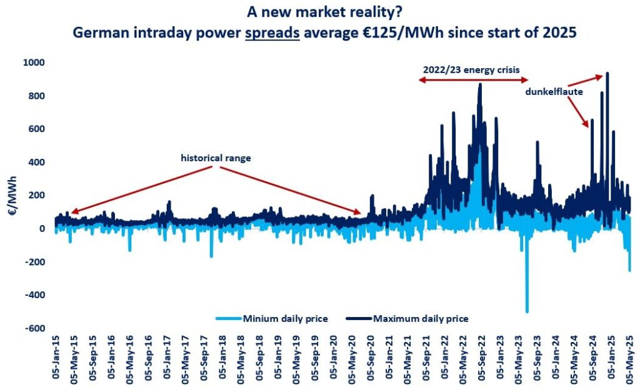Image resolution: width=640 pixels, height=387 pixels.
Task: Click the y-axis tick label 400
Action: point(38,162)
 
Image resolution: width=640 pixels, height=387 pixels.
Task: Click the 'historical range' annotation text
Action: point(216,158)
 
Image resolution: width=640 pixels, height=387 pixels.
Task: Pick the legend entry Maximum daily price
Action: point(421,318)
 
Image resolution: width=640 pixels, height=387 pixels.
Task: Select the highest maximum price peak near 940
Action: point(607,74)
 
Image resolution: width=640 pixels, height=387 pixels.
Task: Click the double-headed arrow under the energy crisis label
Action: point(474,80)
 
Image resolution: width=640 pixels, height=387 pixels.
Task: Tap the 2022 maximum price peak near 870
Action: point(480,84)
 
